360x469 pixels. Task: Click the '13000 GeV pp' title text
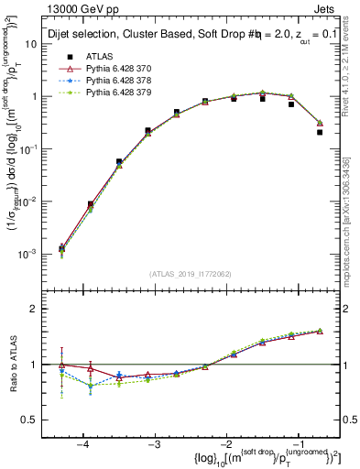coord(88,8)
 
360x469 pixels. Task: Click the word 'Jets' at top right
coord(326,8)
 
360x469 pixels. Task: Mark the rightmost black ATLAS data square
coord(320,132)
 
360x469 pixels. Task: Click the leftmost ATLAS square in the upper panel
coord(61,248)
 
